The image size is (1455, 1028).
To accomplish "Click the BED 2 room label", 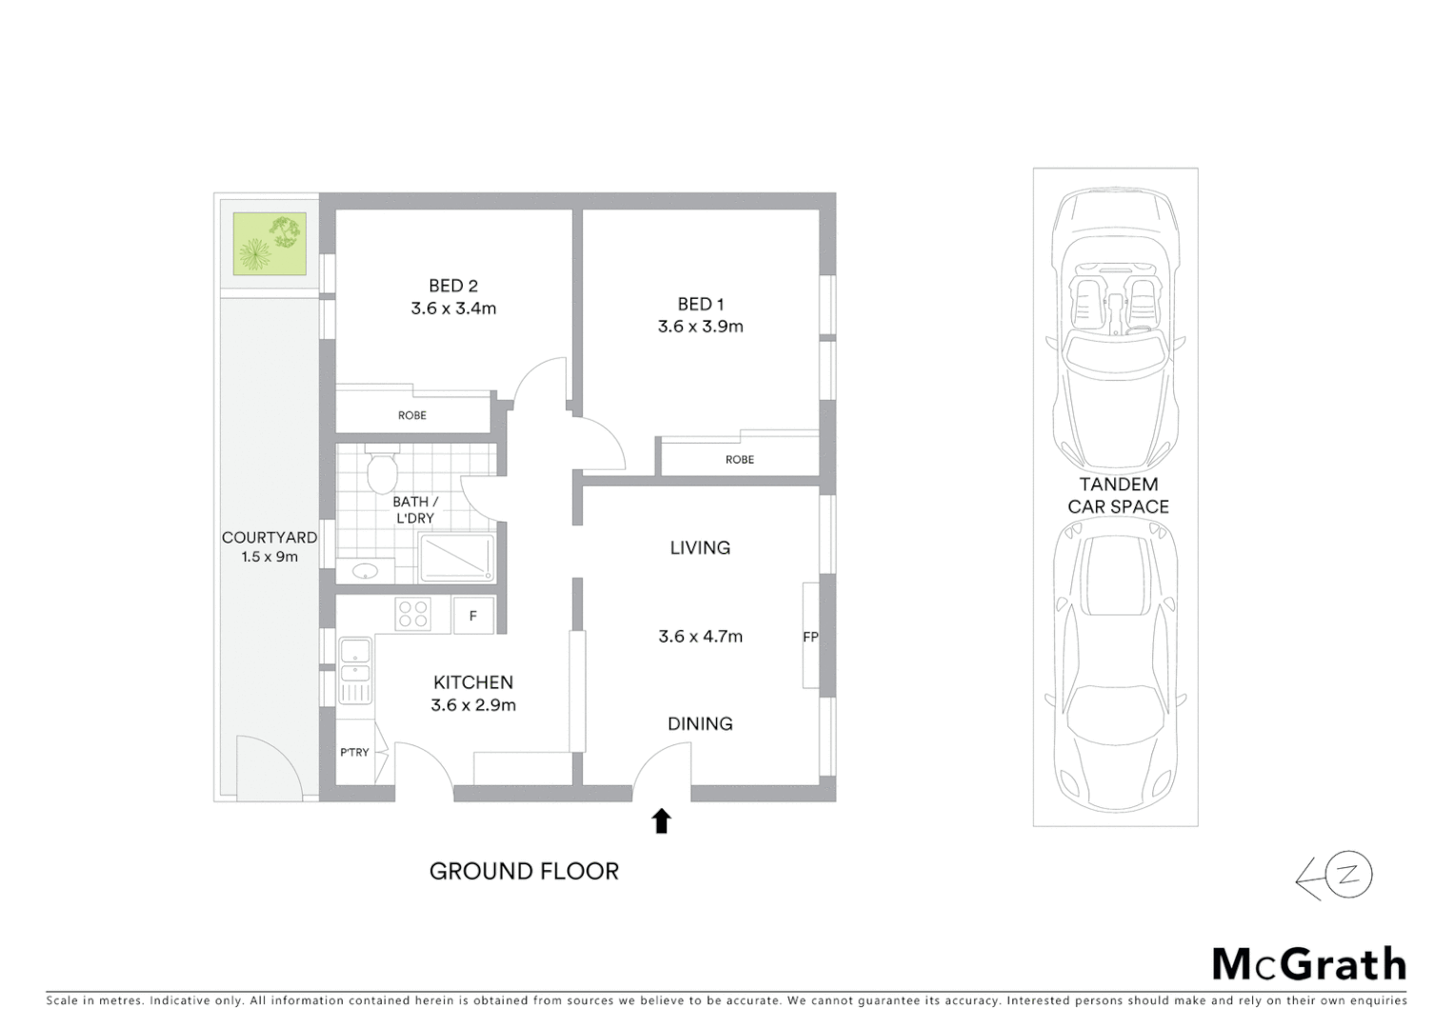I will pyautogui.click(x=453, y=286).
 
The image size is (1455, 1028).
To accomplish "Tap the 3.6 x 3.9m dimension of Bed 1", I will pyautogui.click(x=700, y=326).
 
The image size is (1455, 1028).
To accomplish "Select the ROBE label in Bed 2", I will pyautogui.click(x=412, y=416).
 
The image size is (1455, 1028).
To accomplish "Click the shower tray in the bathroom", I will pyautogui.click(x=457, y=559).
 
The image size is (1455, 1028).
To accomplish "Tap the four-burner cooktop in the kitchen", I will pyautogui.click(x=413, y=613).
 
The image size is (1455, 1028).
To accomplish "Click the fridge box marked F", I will pyautogui.click(x=473, y=616).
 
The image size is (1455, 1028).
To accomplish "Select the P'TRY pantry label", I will pyautogui.click(x=354, y=753).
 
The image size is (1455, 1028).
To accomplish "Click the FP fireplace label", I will pyautogui.click(x=810, y=637).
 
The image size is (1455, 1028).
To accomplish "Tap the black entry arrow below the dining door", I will pyautogui.click(x=661, y=820).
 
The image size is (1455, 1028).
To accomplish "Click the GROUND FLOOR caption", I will pyautogui.click(x=524, y=871).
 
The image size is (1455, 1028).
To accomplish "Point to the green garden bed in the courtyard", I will pyautogui.click(x=270, y=244).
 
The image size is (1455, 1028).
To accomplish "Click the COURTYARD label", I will pyautogui.click(x=269, y=538).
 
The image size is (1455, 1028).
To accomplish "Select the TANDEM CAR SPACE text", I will pyautogui.click(x=1118, y=496).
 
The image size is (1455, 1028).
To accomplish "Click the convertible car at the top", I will pyautogui.click(x=1114, y=324).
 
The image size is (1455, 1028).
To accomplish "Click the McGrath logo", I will pyautogui.click(x=1309, y=964).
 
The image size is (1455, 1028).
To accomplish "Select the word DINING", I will pyautogui.click(x=700, y=724).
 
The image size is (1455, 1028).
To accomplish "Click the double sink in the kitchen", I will pyautogui.click(x=356, y=670).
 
